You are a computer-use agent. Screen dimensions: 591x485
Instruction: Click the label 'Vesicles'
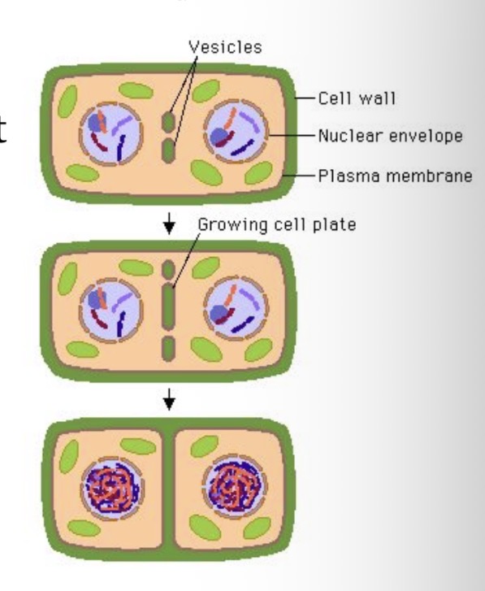click(225, 46)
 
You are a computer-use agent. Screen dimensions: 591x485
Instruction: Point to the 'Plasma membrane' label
click(395, 175)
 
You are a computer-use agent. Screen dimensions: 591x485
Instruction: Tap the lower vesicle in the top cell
click(168, 151)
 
